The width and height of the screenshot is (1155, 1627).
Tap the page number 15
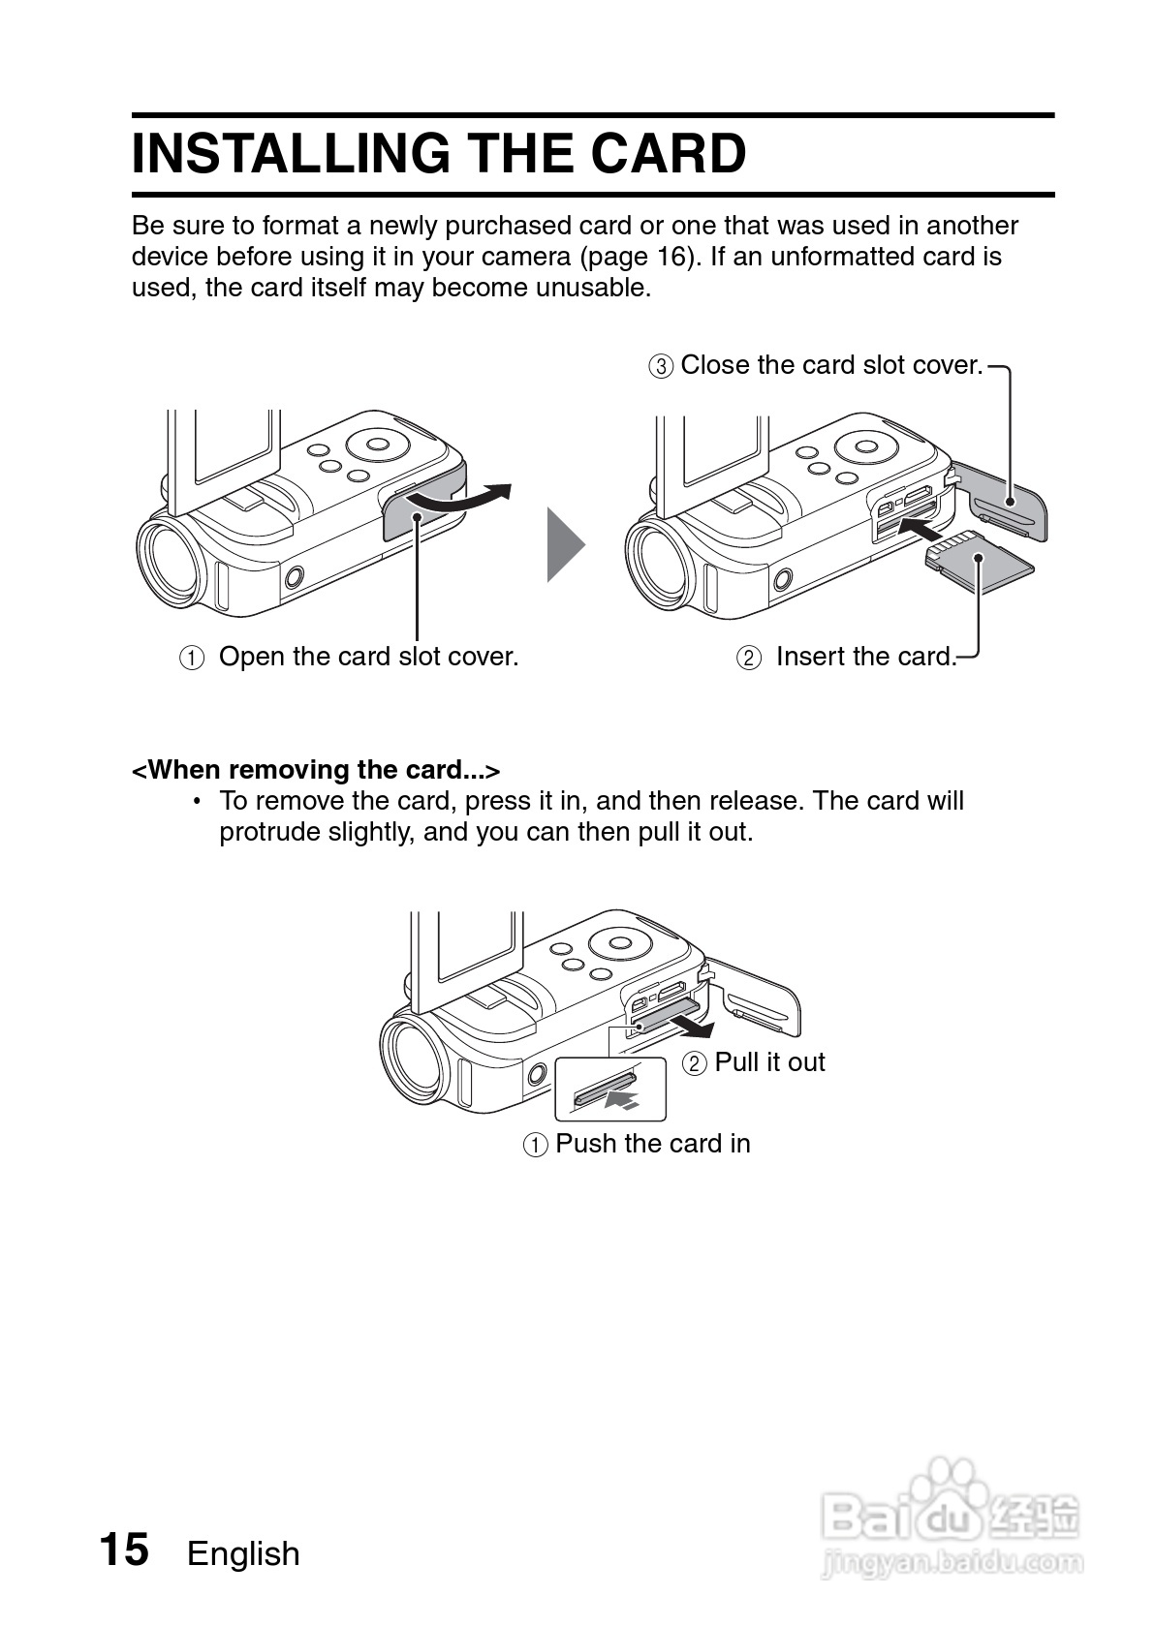click(x=124, y=1550)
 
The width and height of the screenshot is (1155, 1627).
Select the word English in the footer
click(x=243, y=1553)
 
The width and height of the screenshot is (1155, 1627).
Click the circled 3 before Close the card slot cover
click(x=660, y=367)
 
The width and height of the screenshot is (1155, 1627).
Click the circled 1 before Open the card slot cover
click(x=192, y=659)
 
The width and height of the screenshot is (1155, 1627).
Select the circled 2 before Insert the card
click(x=749, y=659)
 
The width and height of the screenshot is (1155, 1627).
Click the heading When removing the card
click(x=316, y=770)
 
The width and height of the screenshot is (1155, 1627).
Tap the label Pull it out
click(x=769, y=1062)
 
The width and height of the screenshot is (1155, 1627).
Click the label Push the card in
click(x=652, y=1144)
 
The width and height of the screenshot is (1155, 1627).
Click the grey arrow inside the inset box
click(x=621, y=1099)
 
